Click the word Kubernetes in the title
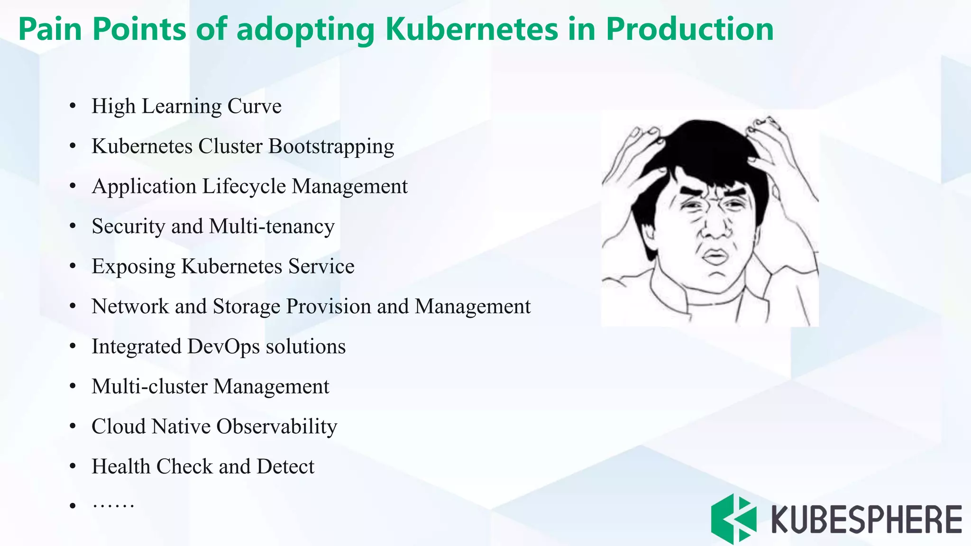[x=471, y=29]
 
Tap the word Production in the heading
[x=689, y=29]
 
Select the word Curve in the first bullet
[x=255, y=106]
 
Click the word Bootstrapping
[x=331, y=146]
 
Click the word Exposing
[x=133, y=267]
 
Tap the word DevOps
[x=223, y=346]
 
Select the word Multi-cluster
[x=150, y=386]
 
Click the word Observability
[x=277, y=427]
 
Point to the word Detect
[x=285, y=467]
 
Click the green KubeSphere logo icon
[x=733, y=519]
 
